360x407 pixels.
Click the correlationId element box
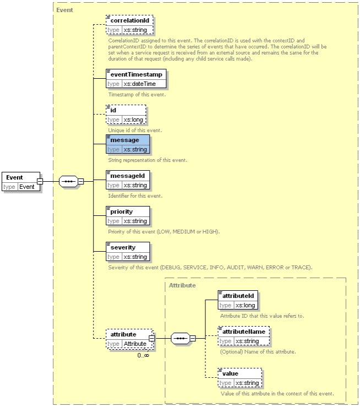click(x=129, y=25)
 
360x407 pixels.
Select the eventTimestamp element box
click(x=136, y=79)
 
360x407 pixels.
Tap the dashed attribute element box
click(x=129, y=339)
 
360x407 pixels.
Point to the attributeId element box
click(x=238, y=300)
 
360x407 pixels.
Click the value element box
click(x=239, y=378)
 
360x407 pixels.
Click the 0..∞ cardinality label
click(x=143, y=355)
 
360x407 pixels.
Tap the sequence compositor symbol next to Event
click(x=68, y=182)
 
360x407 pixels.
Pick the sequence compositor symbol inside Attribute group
click(x=180, y=338)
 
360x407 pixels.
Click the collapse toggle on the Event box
click(x=40, y=181)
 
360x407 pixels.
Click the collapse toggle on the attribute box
click(x=152, y=338)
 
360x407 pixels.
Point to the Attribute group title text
click(x=182, y=286)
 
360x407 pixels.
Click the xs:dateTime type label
click(x=139, y=84)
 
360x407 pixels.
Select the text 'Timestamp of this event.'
click(x=137, y=94)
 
